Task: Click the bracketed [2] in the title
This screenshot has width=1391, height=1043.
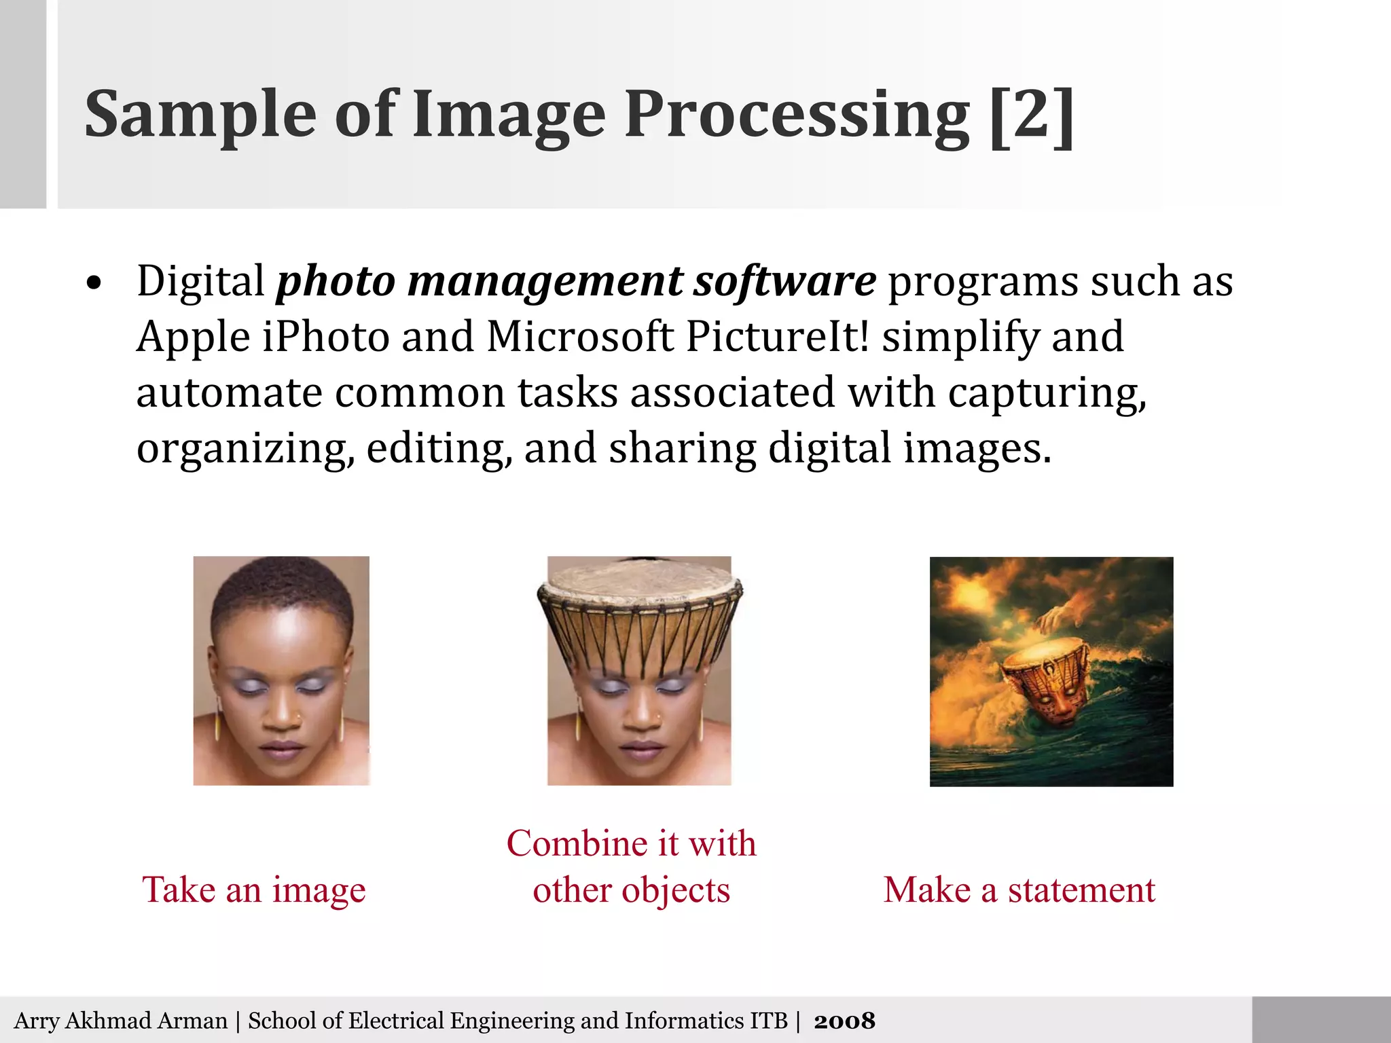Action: (x=1032, y=115)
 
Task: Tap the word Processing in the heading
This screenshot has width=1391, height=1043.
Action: (x=797, y=115)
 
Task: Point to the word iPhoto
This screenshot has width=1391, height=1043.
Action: (x=325, y=337)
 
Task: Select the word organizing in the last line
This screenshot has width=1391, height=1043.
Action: (x=245, y=450)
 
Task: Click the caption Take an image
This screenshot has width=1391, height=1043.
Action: (x=253, y=890)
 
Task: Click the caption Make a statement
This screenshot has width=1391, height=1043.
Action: (x=1019, y=890)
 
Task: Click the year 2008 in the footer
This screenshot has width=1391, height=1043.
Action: (x=844, y=1021)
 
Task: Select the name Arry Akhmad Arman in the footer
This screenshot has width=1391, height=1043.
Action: (x=121, y=1021)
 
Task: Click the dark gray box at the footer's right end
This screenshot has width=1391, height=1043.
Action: (x=1320, y=1019)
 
